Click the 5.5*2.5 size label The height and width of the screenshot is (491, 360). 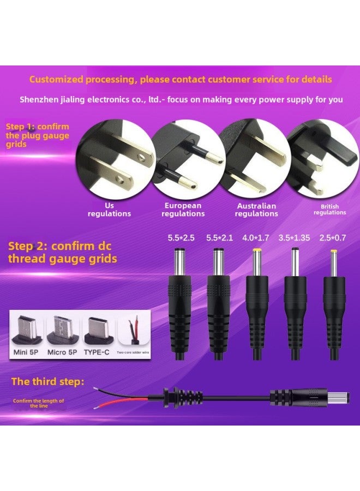click(x=181, y=238)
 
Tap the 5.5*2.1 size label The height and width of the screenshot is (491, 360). click(x=220, y=238)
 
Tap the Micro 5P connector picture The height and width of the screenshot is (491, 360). click(x=63, y=330)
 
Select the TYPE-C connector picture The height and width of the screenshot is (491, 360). click(x=97, y=330)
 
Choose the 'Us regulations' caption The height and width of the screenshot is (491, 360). click(x=110, y=210)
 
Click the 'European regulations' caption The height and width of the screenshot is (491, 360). click(x=183, y=210)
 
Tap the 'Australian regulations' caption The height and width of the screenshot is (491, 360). click(x=256, y=210)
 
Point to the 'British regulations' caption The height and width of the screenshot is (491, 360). click(x=329, y=209)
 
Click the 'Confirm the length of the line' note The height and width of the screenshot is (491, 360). click(x=39, y=404)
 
